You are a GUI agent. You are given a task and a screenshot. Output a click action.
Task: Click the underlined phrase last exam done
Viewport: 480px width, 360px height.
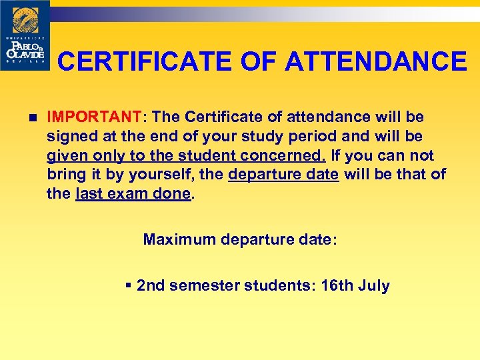[x=133, y=195]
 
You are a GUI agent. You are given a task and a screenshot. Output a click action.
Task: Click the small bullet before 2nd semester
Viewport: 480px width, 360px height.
[x=129, y=286]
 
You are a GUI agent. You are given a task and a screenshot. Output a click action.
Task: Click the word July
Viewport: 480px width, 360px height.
[x=373, y=286]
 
